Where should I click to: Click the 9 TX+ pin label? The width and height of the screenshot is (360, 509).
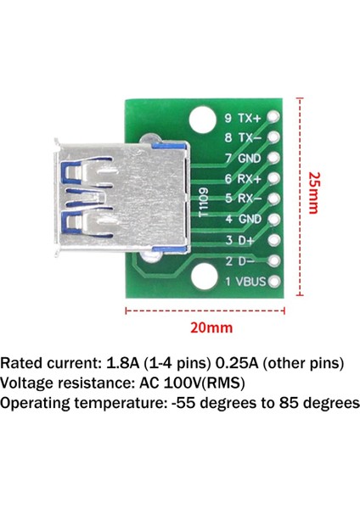pos(242,118)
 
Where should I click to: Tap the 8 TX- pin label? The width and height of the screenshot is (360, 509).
pos(242,138)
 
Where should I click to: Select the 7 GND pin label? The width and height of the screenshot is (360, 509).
pos(242,159)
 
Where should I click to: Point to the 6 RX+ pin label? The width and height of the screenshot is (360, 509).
pos(242,179)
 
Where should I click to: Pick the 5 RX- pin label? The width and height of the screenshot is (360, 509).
pos(242,199)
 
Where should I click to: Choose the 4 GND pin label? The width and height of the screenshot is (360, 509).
pos(242,220)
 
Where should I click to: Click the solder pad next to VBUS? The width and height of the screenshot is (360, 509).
pos(273,281)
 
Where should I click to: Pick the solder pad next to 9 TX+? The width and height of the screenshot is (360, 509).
pos(273,118)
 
